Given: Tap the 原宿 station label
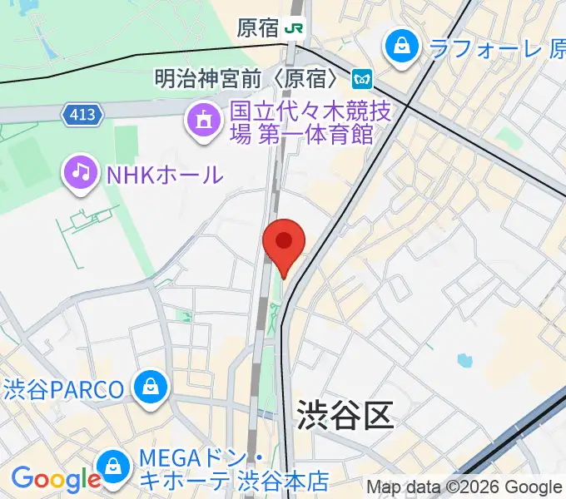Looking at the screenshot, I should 257,28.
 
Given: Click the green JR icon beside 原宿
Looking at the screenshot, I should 294,28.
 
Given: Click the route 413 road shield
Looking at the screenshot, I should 82,115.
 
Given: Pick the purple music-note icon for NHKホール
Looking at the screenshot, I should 81,172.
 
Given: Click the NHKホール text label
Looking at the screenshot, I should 163,174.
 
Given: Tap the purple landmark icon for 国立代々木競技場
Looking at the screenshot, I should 203,120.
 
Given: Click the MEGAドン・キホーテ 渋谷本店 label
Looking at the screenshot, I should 234,469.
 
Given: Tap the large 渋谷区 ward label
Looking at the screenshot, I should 344,413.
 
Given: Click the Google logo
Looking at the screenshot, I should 55,479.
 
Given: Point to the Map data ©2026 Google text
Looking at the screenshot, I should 464,487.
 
